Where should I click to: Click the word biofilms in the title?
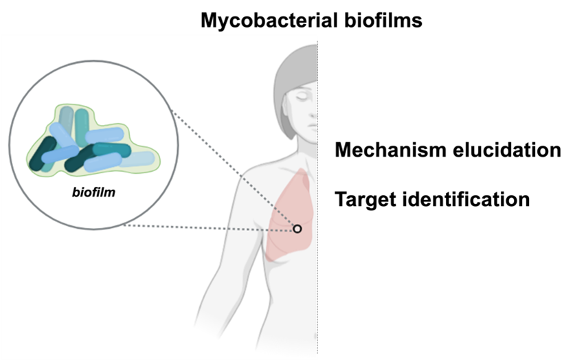click(x=383, y=20)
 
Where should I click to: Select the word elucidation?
click(x=508, y=150)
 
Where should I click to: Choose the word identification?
click(x=466, y=199)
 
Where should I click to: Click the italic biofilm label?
click(x=93, y=192)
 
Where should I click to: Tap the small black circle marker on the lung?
click(x=297, y=229)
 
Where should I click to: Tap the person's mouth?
click(x=313, y=126)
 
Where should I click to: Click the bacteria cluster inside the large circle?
click(x=93, y=140)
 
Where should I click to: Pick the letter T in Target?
click(x=342, y=199)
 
